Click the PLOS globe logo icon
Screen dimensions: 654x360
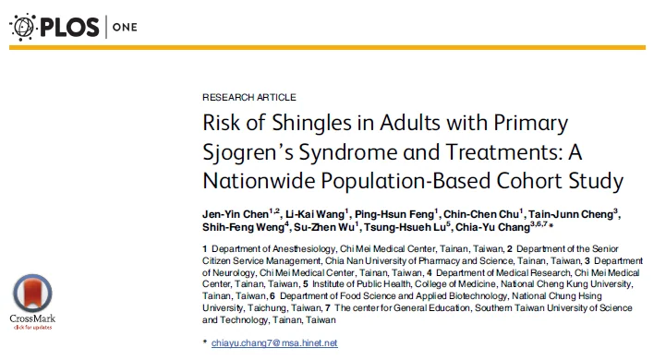tap(23, 27)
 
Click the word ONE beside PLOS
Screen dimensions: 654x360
tap(125, 28)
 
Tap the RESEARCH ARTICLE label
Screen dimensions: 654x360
tap(249, 98)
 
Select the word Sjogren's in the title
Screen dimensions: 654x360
tap(248, 152)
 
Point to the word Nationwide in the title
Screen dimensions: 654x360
tap(259, 181)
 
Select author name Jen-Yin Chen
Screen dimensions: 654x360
tap(236, 214)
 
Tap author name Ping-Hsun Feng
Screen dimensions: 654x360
tap(394, 214)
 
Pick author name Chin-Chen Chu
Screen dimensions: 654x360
tap(480, 214)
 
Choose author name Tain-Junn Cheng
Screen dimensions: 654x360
tap(571, 214)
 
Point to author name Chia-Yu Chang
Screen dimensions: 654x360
tap(492, 227)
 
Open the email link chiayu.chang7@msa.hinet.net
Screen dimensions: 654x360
tap(274, 342)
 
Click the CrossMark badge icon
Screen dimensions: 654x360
tap(32, 294)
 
